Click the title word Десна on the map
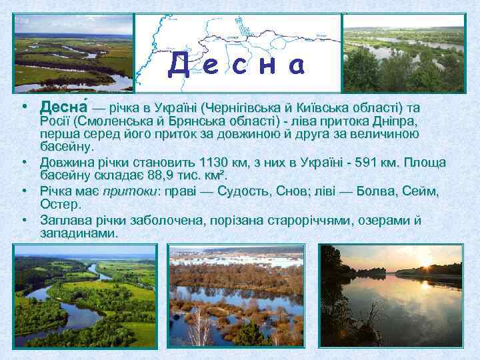coord(237,65)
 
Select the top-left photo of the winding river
coord(73,53)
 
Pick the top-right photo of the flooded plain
coord(405,53)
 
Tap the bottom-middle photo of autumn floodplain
coord(237,295)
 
